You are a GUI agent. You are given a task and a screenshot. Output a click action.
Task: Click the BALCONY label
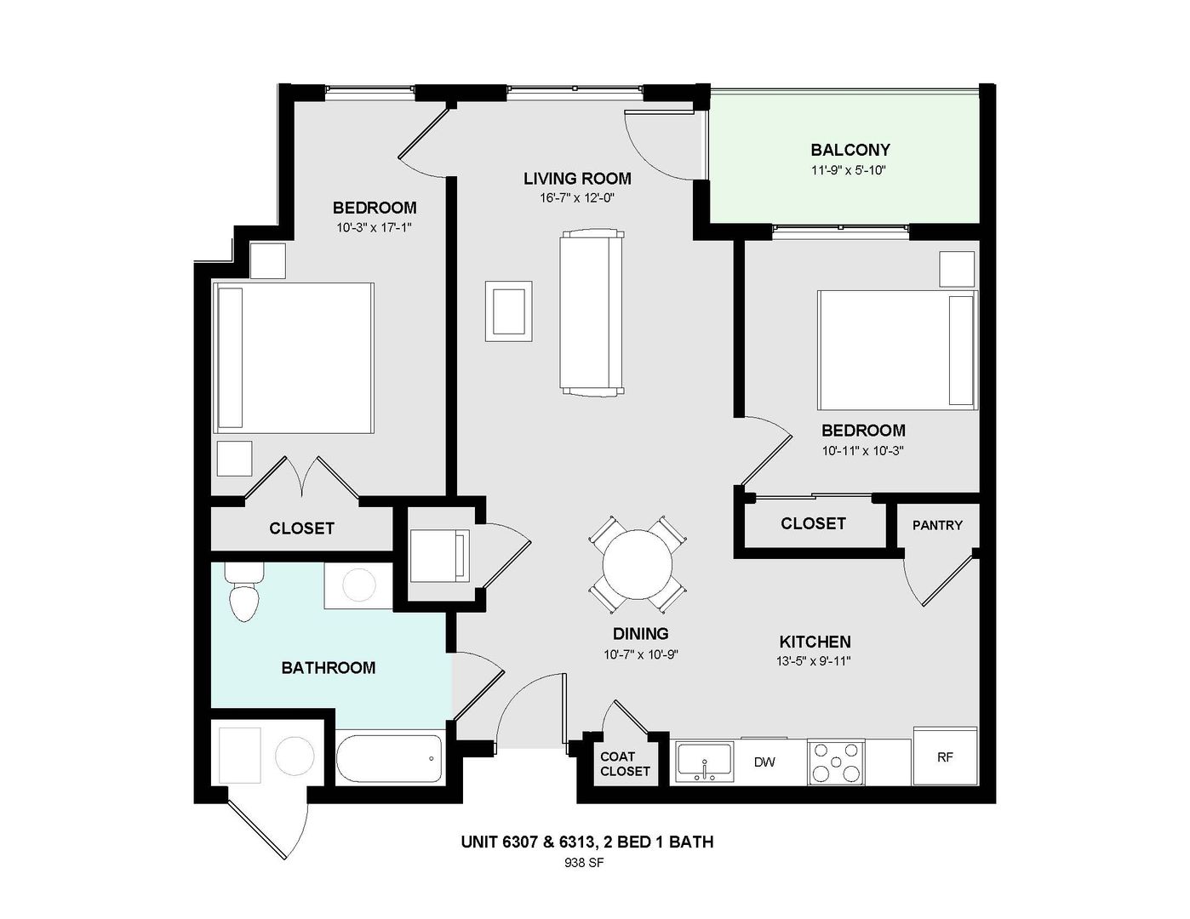pos(850,151)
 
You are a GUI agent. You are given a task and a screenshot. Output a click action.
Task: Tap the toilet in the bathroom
pos(243,594)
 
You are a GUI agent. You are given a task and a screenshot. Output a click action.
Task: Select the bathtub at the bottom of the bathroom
pos(390,757)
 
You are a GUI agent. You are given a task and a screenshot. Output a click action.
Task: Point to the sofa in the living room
pos(592,312)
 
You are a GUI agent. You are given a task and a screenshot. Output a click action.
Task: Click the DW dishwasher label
pos(764,762)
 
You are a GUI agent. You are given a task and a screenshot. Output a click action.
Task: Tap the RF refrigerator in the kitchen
pos(945,756)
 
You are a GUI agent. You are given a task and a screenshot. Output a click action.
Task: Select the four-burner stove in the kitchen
pos(836,762)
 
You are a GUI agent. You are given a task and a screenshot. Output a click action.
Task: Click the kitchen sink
pos(704,760)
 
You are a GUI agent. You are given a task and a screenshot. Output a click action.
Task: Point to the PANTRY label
pos(937,525)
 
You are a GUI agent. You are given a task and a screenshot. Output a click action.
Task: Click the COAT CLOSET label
pos(625,764)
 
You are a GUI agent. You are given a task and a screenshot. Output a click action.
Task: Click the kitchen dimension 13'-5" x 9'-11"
pos(815,661)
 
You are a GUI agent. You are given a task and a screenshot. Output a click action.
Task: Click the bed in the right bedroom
pos(897,350)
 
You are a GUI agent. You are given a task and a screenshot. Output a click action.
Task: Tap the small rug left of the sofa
pos(509,311)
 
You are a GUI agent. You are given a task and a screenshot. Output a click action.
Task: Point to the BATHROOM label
pos(328,668)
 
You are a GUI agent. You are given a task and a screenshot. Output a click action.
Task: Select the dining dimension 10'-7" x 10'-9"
pos(640,654)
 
